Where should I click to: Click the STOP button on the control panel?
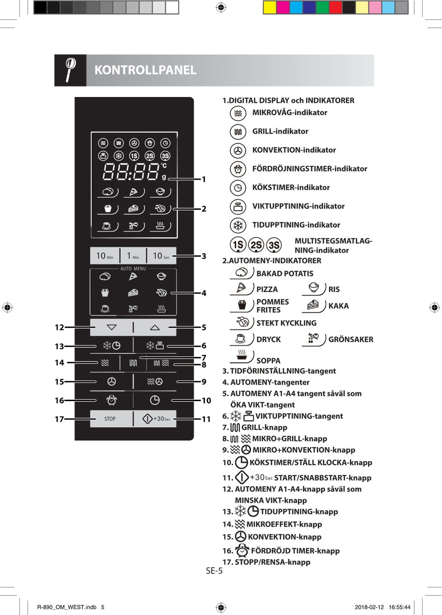110,419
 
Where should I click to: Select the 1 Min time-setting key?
133,256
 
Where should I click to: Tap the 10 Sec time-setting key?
161,256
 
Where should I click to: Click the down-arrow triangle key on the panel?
111,328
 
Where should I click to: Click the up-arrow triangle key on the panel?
155,328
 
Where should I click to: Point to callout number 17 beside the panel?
59,419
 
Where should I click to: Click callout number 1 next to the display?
204,179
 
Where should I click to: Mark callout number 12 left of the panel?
59,328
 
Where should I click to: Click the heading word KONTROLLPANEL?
145,70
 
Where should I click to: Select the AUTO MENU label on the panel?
133,269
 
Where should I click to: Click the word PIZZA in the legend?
267,289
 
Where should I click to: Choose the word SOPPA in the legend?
268,361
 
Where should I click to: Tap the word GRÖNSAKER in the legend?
351,339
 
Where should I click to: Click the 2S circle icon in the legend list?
256,245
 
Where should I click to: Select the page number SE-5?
214,571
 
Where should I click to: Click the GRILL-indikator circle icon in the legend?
238,132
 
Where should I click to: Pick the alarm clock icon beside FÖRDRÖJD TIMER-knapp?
242,550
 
